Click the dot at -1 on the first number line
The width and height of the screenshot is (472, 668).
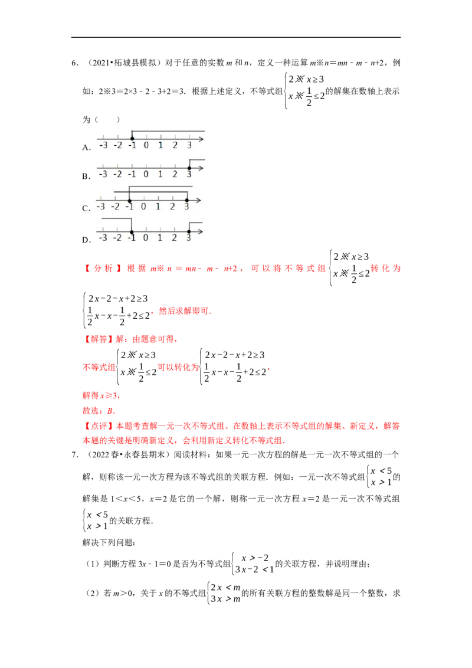click(132, 139)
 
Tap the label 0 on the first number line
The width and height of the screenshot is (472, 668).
click(146, 145)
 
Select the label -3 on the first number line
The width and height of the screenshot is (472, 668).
click(103, 145)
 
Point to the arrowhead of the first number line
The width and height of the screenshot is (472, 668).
click(202, 139)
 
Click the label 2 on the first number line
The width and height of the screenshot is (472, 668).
click(175, 145)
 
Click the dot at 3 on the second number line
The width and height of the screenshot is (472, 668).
click(189, 168)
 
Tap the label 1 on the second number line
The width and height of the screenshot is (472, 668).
click(160, 174)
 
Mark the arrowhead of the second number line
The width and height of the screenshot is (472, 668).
click(202, 168)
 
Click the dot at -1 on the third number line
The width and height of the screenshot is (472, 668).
click(129, 201)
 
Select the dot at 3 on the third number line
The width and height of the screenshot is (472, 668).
click(186, 200)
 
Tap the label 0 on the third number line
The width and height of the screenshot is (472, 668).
click(143, 207)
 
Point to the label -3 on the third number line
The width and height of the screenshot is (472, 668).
click(101, 207)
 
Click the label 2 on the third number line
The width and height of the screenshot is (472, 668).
click(172, 207)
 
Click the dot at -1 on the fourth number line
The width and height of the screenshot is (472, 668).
click(132, 232)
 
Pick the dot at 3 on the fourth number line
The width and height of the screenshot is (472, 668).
click(189, 232)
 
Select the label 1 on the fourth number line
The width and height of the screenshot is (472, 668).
click(160, 238)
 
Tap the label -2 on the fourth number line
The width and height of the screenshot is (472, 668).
click(117, 238)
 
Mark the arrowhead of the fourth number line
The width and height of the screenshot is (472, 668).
click(202, 232)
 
